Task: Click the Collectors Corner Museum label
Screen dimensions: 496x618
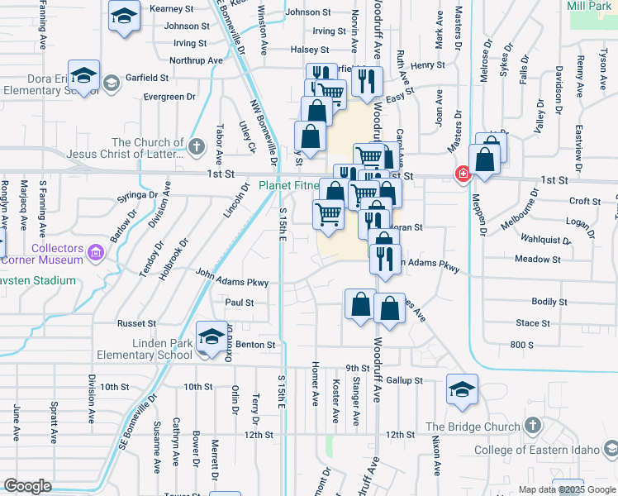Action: click(x=58, y=254)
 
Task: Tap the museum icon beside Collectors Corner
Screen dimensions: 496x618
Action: click(x=97, y=251)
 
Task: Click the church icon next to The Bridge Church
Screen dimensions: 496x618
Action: click(x=533, y=427)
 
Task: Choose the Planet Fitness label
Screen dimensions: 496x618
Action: click(x=288, y=185)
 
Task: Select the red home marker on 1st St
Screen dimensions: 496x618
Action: click(x=463, y=174)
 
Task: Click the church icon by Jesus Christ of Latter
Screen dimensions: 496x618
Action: click(x=196, y=148)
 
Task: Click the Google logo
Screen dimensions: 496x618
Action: click(x=27, y=486)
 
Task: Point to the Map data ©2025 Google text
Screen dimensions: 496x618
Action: click(x=568, y=489)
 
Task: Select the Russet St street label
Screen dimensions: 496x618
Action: click(x=137, y=323)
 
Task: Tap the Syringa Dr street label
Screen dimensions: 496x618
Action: click(x=137, y=195)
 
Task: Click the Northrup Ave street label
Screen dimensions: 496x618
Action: click(x=196, y=60)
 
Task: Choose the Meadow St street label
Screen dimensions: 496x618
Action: click(x=537, y=260)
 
